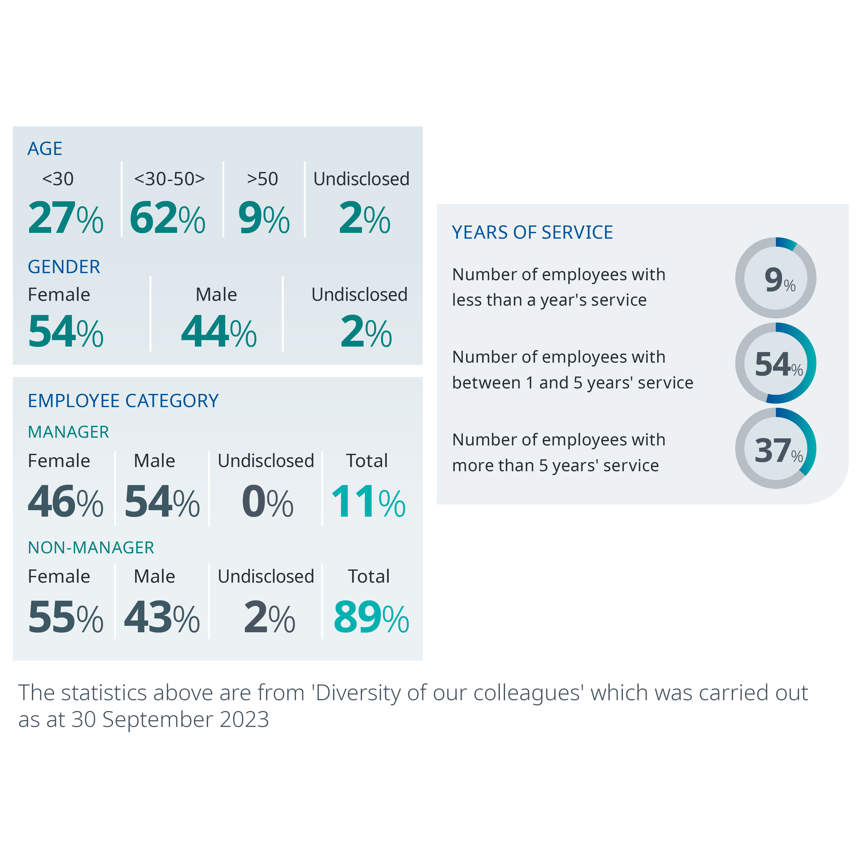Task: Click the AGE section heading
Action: (x=45, y=148)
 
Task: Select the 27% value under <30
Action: (x=65, y=218)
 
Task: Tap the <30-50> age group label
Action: (x=169, y=179)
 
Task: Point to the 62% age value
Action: (x=167, y=218)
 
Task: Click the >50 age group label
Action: (x=262, y=179)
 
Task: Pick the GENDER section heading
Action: (x=64, y=267)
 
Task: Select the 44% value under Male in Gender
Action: (x=218, y=332)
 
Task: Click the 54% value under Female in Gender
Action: (x=65, y=332)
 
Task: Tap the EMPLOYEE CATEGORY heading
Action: (x=123, y=401)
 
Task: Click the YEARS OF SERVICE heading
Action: (x=532, y=233)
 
